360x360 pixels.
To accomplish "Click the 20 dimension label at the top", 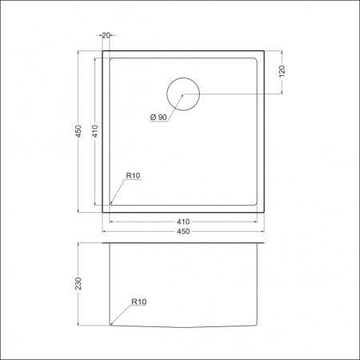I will click(x=107, y=35).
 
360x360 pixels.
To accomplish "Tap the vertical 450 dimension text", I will click(x=78, y=132).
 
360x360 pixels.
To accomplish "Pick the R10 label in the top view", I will click(x=132, y=177).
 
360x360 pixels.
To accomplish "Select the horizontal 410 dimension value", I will click(x=182, y=221).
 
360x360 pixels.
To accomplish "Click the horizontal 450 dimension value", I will click(x=182, y=231).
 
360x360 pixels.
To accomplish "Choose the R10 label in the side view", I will click(x=138, y=302).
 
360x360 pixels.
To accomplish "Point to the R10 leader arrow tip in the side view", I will click(x=111, y=324).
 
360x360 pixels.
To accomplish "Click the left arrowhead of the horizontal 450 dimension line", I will click(x=104, y=232).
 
